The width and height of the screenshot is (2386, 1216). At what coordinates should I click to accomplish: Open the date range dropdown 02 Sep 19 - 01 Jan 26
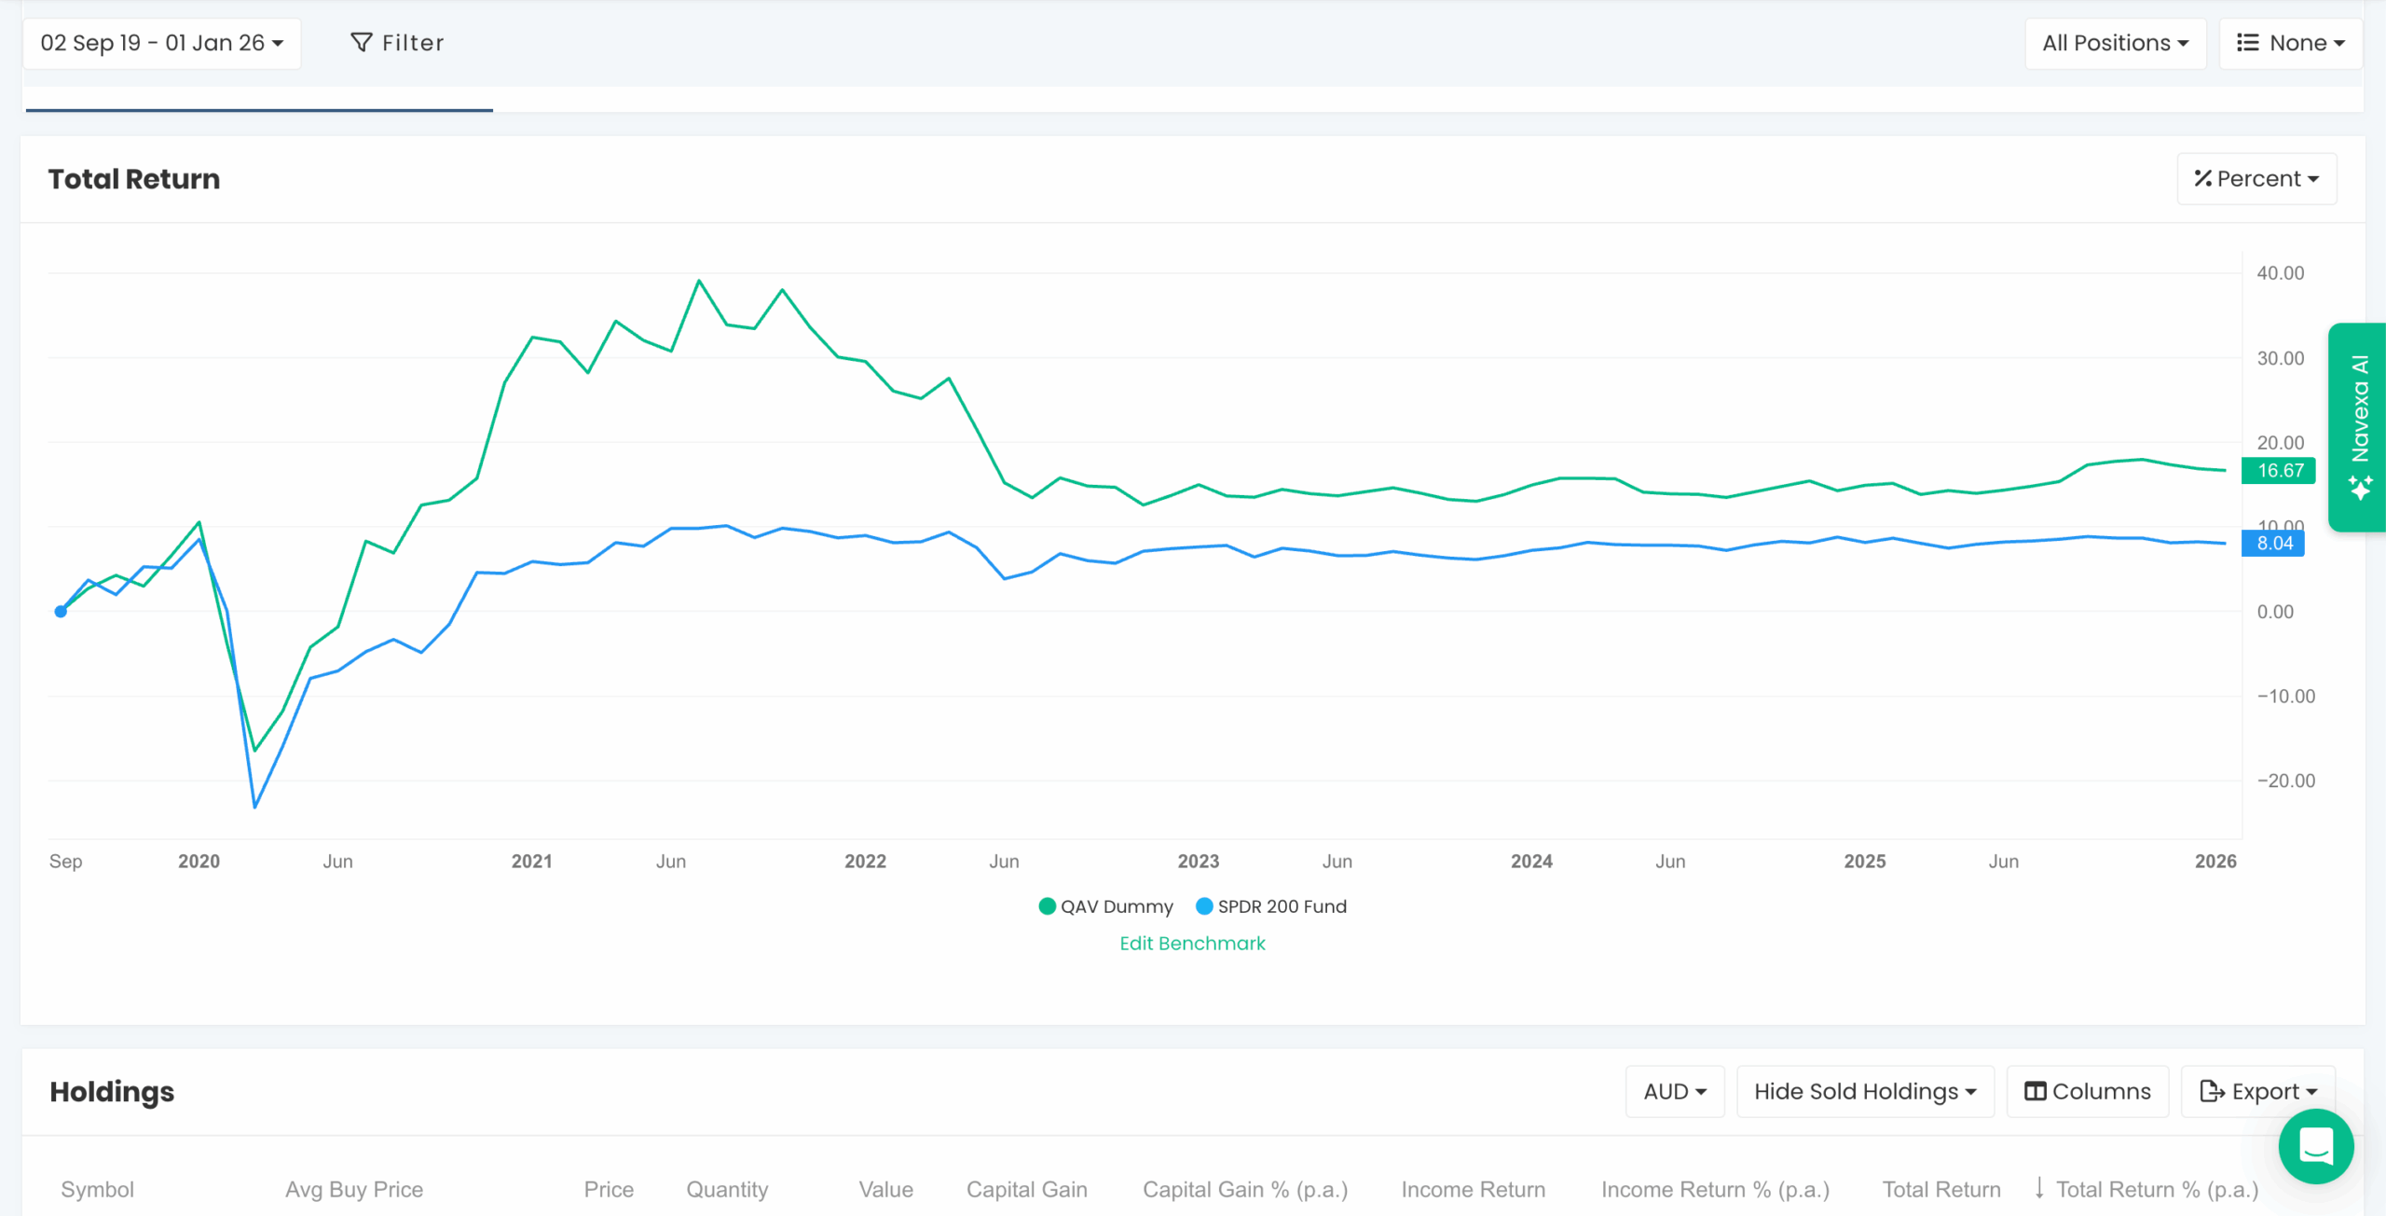tap(161, 43)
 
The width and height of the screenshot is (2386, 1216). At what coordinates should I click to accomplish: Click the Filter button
tap(397, 43)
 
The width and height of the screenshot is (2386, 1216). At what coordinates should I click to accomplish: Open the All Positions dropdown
tap(2114, 43)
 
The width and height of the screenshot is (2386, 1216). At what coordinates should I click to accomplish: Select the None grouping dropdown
tap(2289, 43)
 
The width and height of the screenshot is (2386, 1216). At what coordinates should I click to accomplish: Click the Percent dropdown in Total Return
tap(2256, 178)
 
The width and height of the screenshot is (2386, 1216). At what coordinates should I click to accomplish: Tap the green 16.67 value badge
tap(2279, 471)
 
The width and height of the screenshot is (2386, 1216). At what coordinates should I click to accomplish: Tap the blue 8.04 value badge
tap(2273, 544)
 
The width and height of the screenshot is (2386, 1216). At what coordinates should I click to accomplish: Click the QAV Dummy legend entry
tap(1105, 906)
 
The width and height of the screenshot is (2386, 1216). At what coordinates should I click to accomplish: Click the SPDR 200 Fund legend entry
tap(1271, 906)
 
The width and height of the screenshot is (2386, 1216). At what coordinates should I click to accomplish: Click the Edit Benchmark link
tap(1192, 944)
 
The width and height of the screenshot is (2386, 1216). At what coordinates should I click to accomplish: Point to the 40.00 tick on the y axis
tap(2280, 273)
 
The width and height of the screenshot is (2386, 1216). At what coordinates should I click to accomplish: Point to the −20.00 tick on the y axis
tap(2285, 781)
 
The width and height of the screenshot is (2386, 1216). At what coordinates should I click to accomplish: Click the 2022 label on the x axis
tap(865, 862)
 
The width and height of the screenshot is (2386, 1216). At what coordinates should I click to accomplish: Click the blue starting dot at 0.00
tap(61, 612)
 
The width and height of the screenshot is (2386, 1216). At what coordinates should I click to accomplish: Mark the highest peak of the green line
tap(699, 281)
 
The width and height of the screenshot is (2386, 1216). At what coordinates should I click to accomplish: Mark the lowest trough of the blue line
tap(254, 807)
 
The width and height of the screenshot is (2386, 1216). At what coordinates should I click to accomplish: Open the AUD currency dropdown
tap(1674, 1091)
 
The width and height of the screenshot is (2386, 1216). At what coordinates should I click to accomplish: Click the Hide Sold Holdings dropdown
tap(1864, 1091)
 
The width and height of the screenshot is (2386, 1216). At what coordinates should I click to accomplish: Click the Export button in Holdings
tap(2257, 1091)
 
